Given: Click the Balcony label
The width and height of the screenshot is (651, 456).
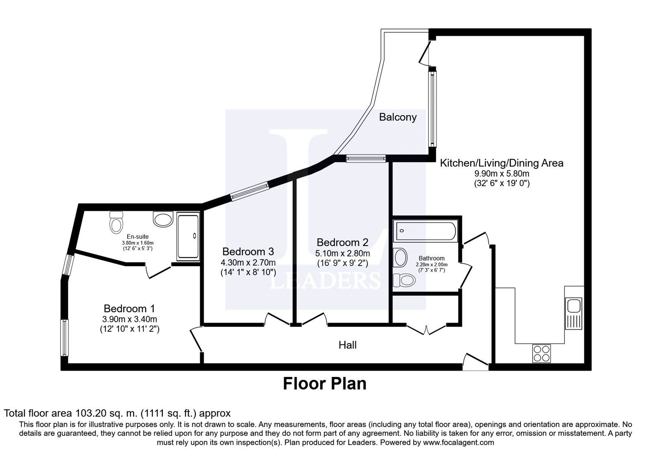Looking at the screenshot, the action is [398, 117].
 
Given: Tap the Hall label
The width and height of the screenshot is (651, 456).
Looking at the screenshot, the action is [347, 345].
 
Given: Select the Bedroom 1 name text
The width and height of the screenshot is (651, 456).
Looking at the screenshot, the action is [129, 309].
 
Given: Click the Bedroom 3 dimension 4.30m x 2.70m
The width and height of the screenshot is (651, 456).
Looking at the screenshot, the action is [248, 263].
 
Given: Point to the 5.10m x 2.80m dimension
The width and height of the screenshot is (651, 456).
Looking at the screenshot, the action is [343, 254].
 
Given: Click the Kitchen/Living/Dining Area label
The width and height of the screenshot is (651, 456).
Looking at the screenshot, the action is [502, 163].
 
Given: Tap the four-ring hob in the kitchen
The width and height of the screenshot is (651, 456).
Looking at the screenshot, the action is [542, 353].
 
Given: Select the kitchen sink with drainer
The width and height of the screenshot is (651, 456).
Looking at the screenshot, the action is [573, 313].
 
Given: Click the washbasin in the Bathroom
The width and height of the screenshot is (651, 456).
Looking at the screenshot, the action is [400, 257].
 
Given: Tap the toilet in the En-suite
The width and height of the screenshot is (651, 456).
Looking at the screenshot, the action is [116, 222].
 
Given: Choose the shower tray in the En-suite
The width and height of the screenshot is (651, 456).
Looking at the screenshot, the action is [188, 237].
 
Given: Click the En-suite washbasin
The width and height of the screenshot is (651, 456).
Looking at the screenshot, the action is [163, 219].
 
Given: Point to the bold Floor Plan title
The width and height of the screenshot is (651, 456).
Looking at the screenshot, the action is [325, 384].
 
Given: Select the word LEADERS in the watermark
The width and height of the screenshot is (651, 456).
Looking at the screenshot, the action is [325, 281].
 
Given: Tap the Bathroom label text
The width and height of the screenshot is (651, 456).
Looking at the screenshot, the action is [432, 258].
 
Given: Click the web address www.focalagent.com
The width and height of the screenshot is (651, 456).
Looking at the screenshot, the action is [459, 443].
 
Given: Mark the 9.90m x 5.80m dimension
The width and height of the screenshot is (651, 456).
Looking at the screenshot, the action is [502, 174].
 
